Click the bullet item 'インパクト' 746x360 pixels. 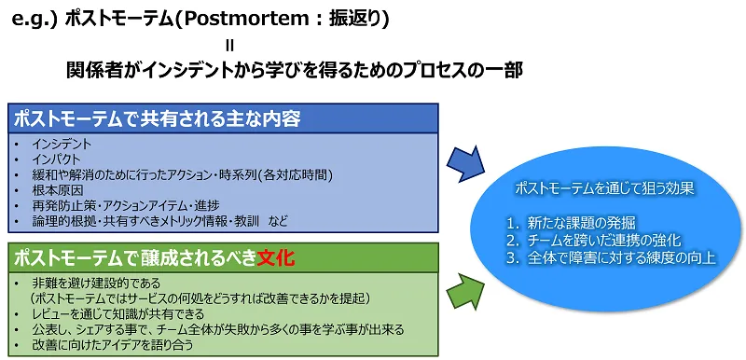click(x=59, y=159)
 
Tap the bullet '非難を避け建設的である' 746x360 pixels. click(x=94, y=283)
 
